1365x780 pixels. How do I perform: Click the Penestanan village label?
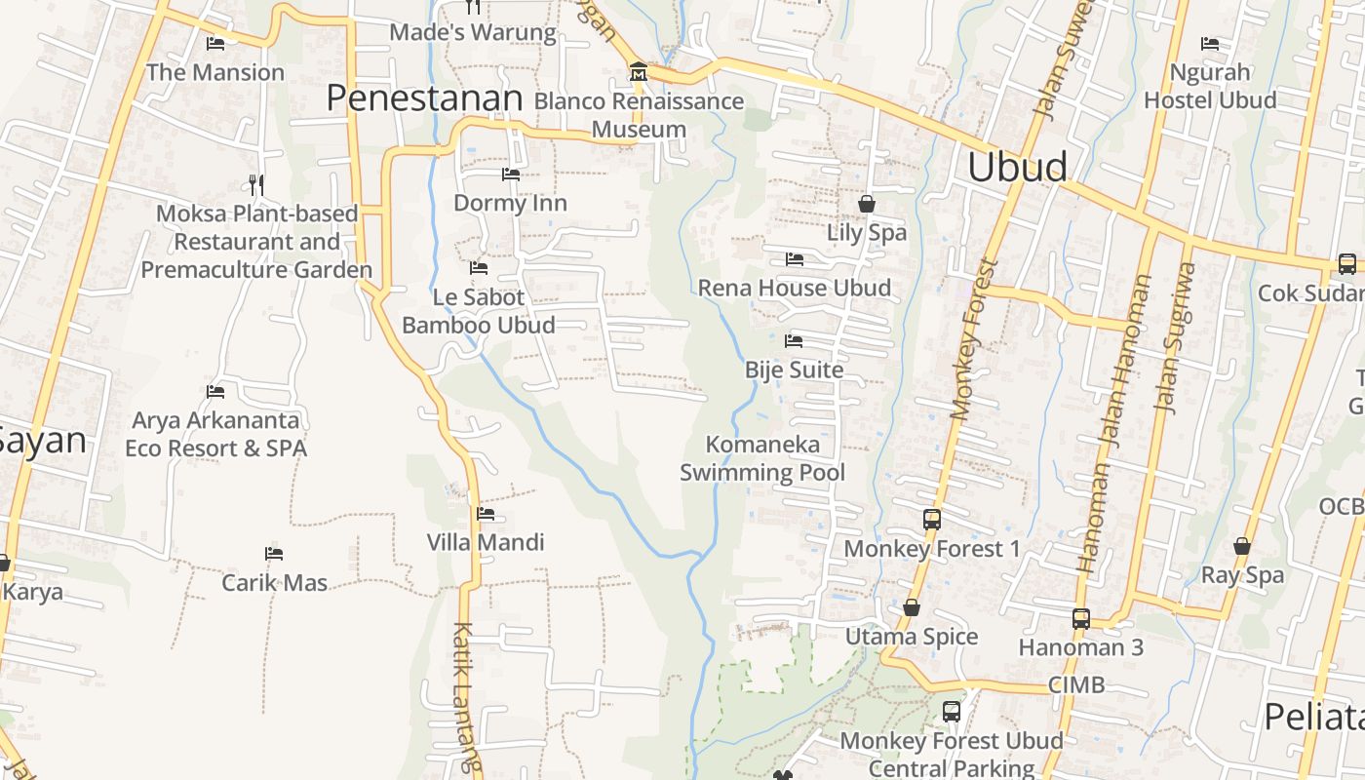[x=424, y=98]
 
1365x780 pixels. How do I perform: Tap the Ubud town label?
[x=1017, y=167]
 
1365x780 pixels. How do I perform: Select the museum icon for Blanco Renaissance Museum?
[x=639, y=71]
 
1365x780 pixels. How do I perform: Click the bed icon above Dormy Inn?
[x=510, y=175]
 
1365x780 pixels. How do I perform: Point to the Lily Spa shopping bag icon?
[x=867, y=204]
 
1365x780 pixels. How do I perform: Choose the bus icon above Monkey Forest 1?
[x=932, y=520]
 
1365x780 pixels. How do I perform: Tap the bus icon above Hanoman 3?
[x=1080, y=618]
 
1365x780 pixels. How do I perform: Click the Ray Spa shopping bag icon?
[x=1242, y=546]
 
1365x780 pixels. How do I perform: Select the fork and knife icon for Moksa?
[x=256, y=184]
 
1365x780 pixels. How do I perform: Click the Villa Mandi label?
[x=486, y=542]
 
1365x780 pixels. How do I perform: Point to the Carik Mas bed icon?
[x=274, y=554]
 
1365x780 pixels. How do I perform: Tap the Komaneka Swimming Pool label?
[x=762, y=459]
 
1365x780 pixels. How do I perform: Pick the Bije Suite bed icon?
[x=794, y=341]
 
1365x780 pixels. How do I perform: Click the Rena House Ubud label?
[x=794, y=288]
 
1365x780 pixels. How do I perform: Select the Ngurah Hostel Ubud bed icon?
[x=1210, y=43]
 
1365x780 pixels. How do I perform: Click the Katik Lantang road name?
[x=466, y=697]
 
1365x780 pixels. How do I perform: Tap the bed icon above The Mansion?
[x=215, y=43]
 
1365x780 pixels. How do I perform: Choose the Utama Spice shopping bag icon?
[x=912, y=607]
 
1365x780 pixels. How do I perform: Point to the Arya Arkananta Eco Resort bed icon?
[x=215, y=392]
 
